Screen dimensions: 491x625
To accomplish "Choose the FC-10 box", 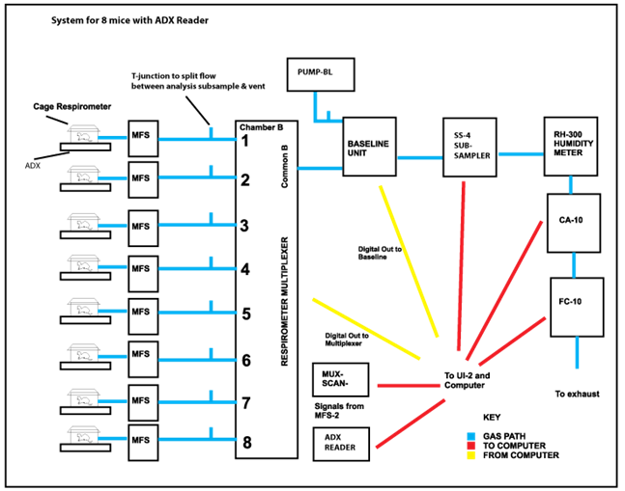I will point(576,306).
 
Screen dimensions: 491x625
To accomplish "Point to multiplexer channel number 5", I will point(245,313).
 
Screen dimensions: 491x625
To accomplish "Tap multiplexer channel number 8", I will point(245,443).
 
